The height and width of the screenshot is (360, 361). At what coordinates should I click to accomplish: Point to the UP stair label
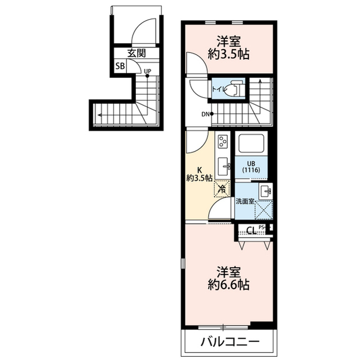pos(147,72)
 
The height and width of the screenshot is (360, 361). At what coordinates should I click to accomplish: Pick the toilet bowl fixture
pos(236,89)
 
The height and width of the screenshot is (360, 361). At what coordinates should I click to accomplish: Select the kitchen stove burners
pos(222,141)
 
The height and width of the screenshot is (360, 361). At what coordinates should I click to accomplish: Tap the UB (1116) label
pos(251,167)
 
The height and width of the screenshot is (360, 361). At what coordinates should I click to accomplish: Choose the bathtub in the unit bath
pos(252,144)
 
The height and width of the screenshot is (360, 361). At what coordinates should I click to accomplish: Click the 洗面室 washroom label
pos(245,201)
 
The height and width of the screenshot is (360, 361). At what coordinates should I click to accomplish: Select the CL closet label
pos(251,230)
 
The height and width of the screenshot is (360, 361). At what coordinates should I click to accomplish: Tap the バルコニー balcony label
pos(229,342)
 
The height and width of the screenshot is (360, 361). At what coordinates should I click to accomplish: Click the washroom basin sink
pos(265,190)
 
